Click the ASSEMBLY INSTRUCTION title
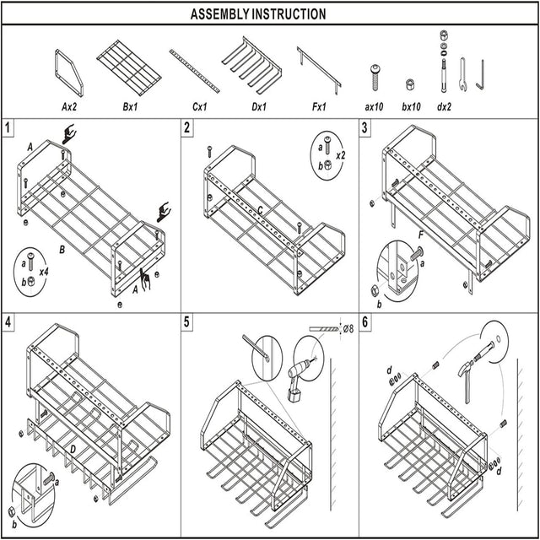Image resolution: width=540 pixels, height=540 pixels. tap(257, 13)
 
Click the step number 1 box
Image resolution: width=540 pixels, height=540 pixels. tap(8, 128)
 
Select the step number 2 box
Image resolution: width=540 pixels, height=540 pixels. tap(187, 128)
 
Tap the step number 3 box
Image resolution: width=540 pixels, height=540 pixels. tap(365, 128)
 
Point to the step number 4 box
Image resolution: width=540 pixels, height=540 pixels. tap(8, 322)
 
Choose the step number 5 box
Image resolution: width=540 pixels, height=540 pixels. tap(187, 322)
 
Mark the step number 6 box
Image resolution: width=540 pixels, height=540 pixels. tap(365, 322)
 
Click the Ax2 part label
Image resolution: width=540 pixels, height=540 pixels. tap(70, 107)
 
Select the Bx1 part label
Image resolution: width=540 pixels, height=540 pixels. tap(130, 107)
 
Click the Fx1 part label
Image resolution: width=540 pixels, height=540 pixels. tap(319, 107)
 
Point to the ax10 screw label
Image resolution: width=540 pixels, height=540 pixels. tap(375, 107)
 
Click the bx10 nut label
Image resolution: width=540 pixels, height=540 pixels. tap(411, 107)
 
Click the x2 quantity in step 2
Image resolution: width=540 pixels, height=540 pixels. tap(340, 157)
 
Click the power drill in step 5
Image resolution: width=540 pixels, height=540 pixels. tap(300, 377)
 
